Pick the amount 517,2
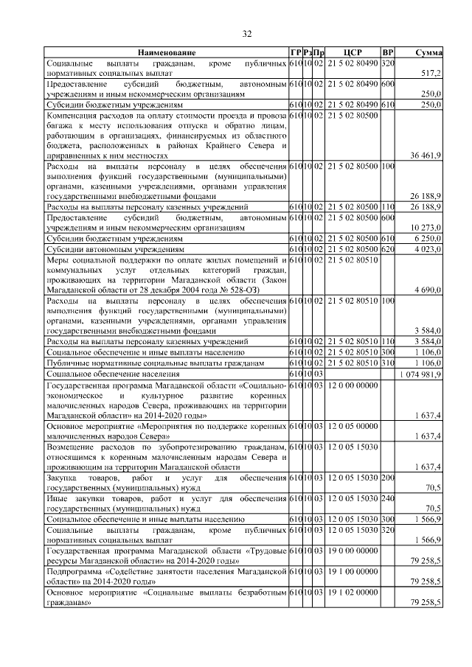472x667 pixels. [430, 74]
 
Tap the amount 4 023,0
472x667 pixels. [427, 250]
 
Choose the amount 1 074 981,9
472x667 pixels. [420, 374]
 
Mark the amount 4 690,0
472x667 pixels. [427, 291]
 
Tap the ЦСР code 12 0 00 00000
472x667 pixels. [353, 385]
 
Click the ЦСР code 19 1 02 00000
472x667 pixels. [353, 592]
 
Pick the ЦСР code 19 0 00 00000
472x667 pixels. [353, 551]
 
